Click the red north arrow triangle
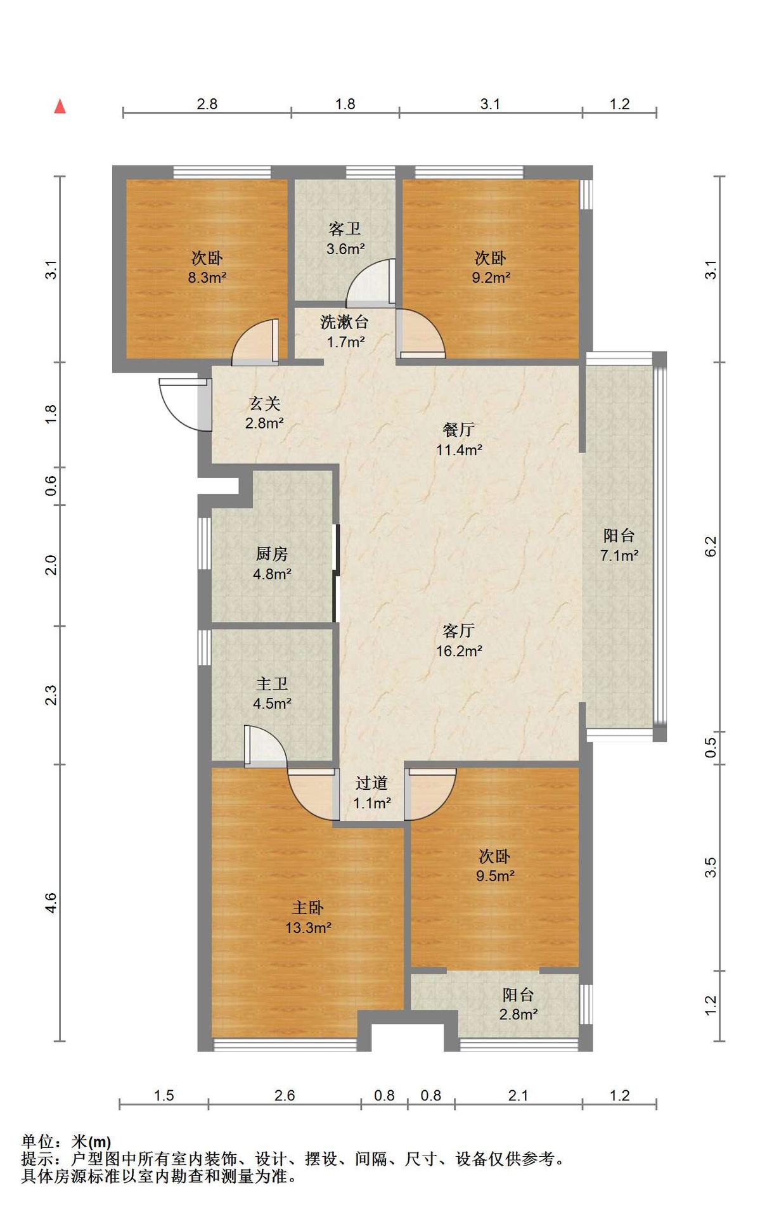[x=60, y=106]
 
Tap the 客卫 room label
[x=345, y=229]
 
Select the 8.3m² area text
[x=207, y=278]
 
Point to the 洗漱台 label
[x=345, y=322]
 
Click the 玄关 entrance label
[x=264, y=404]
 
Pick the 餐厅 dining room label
[x=459, y=430]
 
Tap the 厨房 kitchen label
[x=272, y=554]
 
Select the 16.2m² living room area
[x=460, y=651]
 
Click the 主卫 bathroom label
[x=272, y=683]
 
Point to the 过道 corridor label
[x=371, y=783]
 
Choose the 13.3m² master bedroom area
[x=309, y=928]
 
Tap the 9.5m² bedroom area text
[x=495, y=876]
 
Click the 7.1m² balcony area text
[x=619, y=556]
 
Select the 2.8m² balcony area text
[x=518, y=1014]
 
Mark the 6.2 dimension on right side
[x=711, y=546]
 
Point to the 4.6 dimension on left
[x=51, y=903]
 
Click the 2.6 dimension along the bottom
[x=285, y=1095]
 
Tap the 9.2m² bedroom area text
[x=491, y=278]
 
